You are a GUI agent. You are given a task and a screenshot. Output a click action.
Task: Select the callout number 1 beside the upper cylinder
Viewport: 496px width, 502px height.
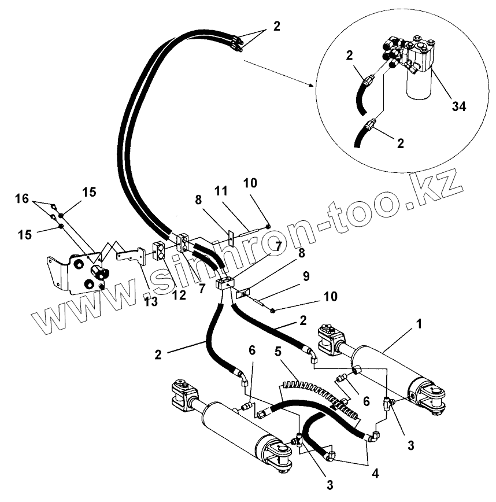(x=419, y=325)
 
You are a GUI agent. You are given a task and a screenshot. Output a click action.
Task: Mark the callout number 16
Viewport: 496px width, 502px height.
(x=22, y=199)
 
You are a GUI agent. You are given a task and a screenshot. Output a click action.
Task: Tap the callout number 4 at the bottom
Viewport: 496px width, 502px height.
(x=376, y=473)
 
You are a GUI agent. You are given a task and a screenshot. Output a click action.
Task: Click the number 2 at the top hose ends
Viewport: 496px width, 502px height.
(x=276, y=25)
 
